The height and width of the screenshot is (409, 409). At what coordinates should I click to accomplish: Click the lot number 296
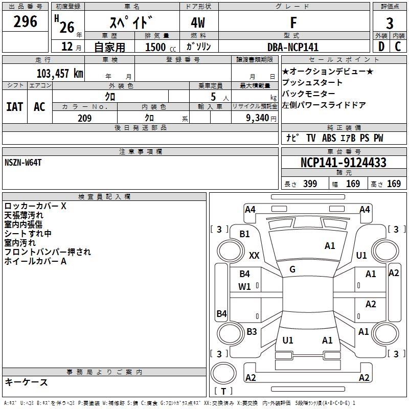pyautogui.click(x=26, y=22)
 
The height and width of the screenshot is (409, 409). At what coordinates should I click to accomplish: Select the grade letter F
pyautogui.click(x=293, y=22)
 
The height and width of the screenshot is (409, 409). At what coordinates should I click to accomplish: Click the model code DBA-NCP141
pyautogui.click(x=293, y=47)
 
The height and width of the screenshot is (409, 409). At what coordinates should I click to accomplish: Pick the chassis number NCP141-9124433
pyautogui.click(x=343, y=163)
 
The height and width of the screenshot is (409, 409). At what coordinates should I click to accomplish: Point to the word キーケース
pyautogui.click(x=26, y=382)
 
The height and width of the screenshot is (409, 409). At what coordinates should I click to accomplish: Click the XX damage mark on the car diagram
pyautogui.click(x=254, y=255)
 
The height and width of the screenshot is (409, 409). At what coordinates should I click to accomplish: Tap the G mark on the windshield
pyautogui.click(x=292, y=269)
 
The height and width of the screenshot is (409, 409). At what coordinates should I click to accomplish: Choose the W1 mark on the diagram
pyautogui.click(x=245, y=287)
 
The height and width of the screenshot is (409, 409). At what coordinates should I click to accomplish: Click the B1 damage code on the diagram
pyautogui.click(x=245, y=234)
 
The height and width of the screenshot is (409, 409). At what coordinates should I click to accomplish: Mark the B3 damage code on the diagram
pyautogui.click(x=252, y=332)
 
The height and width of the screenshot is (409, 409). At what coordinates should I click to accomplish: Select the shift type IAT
pyautogui.click(x=14, y=107)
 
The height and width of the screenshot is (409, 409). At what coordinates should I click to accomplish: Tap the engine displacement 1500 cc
pyautogui.click(x=159, y=47)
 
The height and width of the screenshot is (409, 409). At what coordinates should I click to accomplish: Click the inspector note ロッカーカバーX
pyautogui.click(x=35, y=207)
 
